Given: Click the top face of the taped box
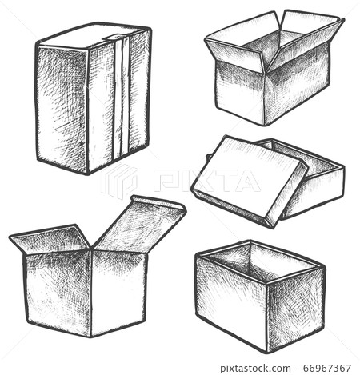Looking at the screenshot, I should click(x=92, y=36).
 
